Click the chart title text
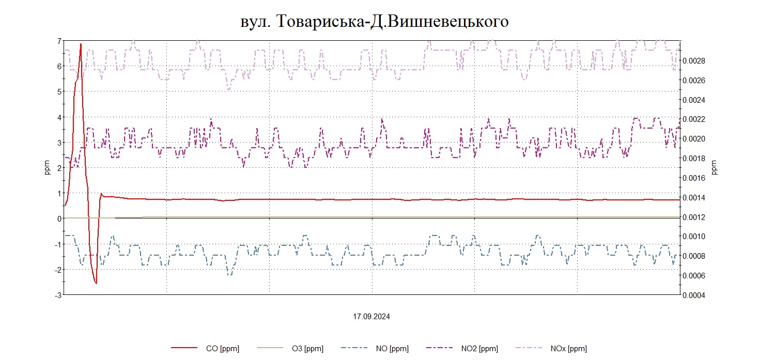(375, 21)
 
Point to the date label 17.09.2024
(371, 317)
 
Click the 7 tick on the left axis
(59, 41)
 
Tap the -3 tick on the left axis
(58, 295)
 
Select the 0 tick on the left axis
(59, 218)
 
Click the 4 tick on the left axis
(59, 117)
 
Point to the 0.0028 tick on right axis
(694, 61)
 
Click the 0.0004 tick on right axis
(694, 295)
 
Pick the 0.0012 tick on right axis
(694, 217)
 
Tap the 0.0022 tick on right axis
(694, 119)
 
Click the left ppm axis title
(47, 168)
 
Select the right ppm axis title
(715, 168)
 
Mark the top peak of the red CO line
(81, 44)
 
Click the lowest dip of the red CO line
(96, 283)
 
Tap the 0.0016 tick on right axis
(694, 178)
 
